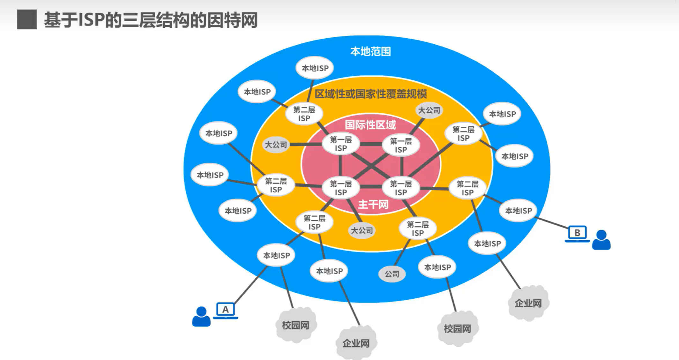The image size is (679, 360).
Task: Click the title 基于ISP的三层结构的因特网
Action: point(151,20)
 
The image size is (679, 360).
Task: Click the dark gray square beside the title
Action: point(27,19)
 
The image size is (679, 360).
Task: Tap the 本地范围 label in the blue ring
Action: point(370,51)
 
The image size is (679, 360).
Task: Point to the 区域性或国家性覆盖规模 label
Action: point(370,94)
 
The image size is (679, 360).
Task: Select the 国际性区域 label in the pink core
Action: point(370,125)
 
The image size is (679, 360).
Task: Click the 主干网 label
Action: point(373,204)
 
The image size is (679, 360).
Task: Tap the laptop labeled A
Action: point(226,310)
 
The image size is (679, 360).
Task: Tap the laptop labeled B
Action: point(577,233)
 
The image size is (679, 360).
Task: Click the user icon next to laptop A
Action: point(201,317)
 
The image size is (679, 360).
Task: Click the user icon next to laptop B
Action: point(601,240)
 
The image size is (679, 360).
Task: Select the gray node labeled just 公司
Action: point(392,274)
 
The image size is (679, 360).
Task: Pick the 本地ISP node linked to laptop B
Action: point(519,211)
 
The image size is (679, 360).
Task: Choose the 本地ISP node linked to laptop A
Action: point(276,255)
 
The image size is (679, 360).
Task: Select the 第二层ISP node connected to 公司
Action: point(418,229)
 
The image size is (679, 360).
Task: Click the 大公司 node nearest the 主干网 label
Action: point(362,230)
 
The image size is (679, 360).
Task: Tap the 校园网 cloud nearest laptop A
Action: point(296,325)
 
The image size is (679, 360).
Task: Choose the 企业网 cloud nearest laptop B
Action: point(528,303)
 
